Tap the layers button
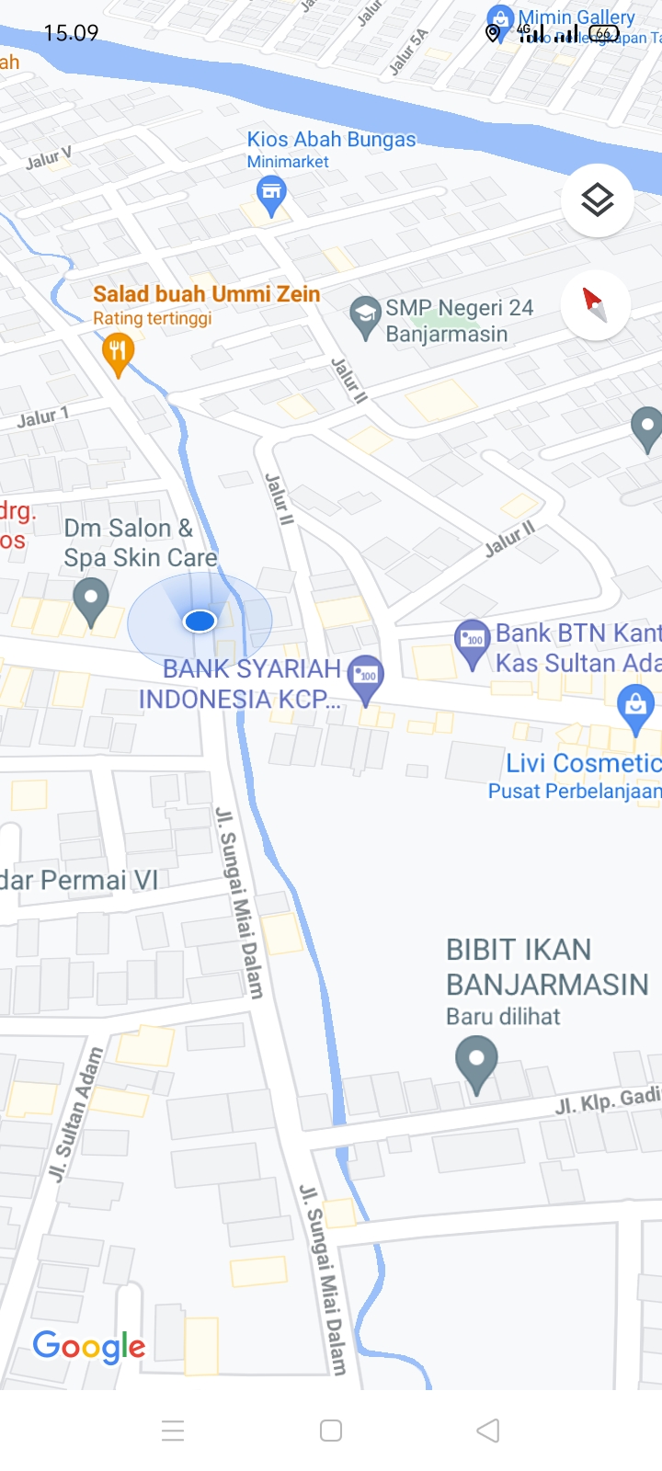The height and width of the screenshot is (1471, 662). click(x=598, y=200)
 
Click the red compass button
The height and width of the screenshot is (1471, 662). click(x=596, y=304)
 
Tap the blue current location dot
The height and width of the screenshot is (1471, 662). click(x=200, y=621)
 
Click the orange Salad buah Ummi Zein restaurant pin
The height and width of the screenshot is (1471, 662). click(x=118, y=353)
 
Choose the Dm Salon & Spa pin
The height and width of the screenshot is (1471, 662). click(x=90, y=599)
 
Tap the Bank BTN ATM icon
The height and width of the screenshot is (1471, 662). click(x=473, y=639)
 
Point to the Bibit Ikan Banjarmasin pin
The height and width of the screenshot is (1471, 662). click(x=476, y=1061)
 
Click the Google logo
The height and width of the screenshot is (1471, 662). click(x=89, y=1347)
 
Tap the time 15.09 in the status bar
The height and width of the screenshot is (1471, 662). click(x=71, y=33)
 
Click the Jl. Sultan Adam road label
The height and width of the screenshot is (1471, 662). click(x=75, y=1113)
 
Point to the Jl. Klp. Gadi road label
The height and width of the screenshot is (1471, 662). click(x=608, y=1100)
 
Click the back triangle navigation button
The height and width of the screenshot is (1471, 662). click(x=488, y=1430)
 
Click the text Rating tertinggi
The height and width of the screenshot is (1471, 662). click(x=153, y=319)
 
